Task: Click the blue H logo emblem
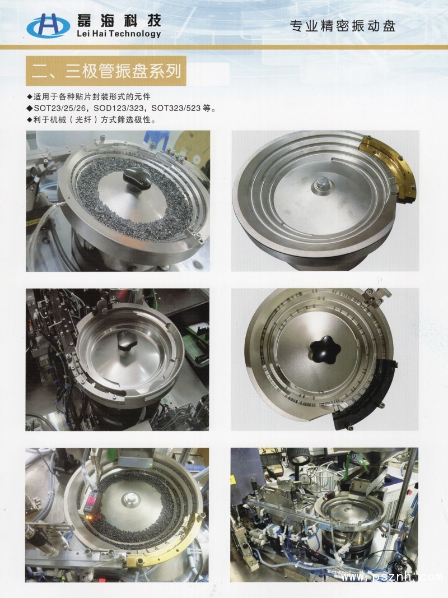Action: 48,26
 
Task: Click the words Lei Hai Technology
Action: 119,34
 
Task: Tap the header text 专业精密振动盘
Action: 343,26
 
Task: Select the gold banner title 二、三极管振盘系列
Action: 106,71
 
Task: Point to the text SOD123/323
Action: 119,108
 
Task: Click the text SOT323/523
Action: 176,108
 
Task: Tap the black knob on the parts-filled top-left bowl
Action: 137,178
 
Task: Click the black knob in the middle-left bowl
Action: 127,341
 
